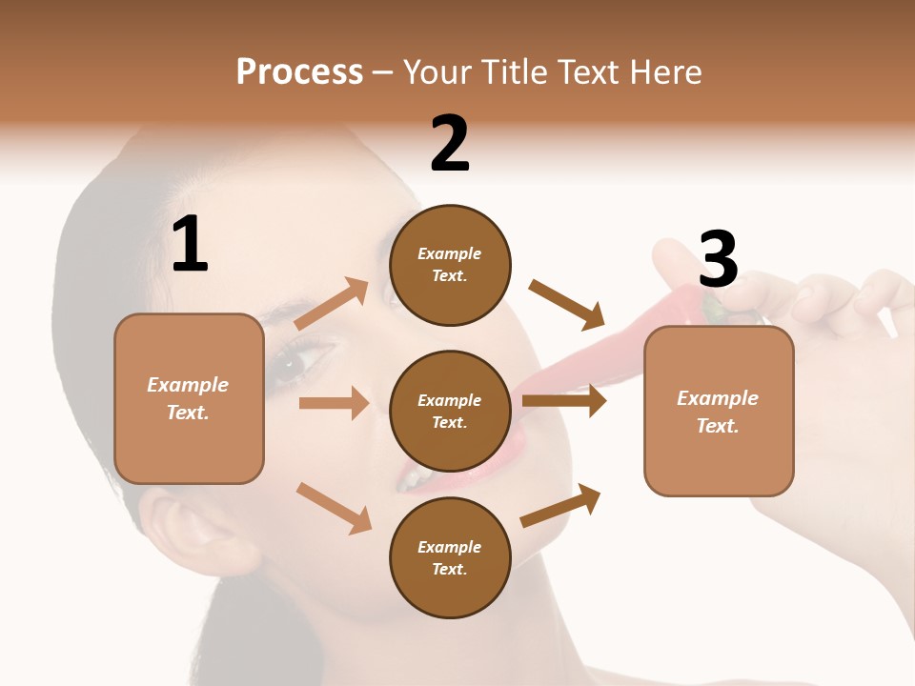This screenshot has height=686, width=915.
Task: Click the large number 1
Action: tap(190, 245)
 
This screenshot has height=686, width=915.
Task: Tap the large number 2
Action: tap(450, 143)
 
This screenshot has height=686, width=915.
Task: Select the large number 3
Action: tap(718, 259)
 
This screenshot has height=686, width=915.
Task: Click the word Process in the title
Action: tap(299, 71)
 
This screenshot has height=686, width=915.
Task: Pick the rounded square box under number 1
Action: tap(189, 398)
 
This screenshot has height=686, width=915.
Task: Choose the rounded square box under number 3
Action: tap(719, 412)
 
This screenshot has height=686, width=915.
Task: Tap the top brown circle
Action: tap(450, 265)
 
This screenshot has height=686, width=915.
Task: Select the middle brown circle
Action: tap(450, 412)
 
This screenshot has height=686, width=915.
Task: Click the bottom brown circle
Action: tap(450, 558)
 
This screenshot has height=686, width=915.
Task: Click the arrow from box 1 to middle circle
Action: tap(335, 403)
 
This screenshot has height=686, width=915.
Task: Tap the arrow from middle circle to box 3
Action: tap(564, 401)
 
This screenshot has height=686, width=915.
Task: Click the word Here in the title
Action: tap(663, 71)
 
